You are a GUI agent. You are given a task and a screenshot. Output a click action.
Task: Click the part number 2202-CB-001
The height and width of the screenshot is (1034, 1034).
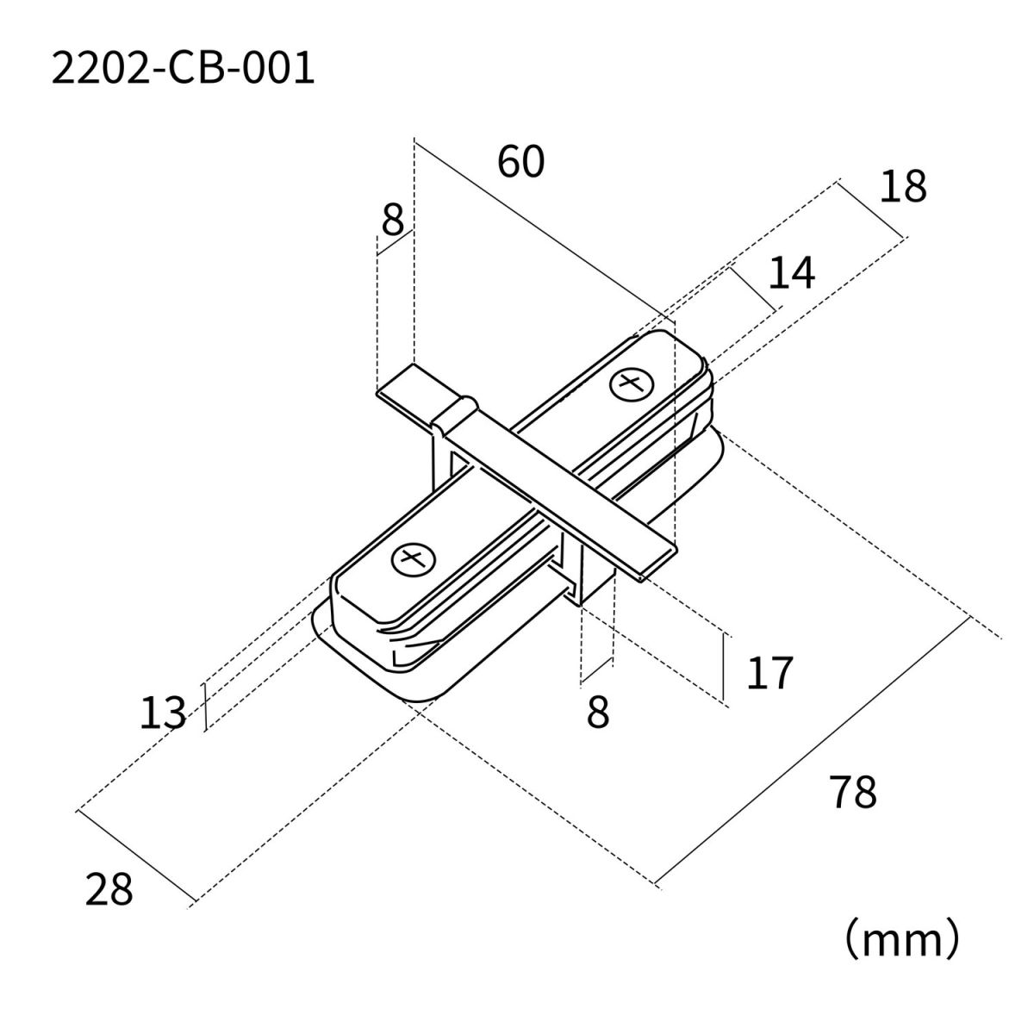(x=183, y=70)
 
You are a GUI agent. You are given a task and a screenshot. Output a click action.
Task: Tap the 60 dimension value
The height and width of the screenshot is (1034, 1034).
(x=520, y=162)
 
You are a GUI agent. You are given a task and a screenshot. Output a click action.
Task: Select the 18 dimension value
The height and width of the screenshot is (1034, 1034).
(x=902, y=187)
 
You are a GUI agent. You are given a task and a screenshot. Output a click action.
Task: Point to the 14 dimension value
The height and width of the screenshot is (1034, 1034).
(x=791, y=273)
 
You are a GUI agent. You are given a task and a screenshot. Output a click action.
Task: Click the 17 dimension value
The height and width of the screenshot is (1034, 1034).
(x=769, y=673)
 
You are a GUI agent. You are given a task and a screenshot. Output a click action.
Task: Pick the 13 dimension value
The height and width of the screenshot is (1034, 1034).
(x=163, y=713)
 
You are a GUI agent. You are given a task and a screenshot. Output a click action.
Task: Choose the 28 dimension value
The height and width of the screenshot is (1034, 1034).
(x=109, y=889)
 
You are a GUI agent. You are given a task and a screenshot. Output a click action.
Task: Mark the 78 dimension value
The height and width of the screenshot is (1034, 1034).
(x=853, y=793)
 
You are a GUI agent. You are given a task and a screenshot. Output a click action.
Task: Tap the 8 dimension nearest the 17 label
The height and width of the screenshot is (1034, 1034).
(x=598, y=713)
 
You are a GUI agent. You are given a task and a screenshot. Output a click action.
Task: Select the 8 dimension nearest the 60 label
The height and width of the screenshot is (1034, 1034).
(x=392, y=221)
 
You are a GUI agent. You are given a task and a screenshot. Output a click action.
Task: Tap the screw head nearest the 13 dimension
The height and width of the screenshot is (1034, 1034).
(x=412, y=560)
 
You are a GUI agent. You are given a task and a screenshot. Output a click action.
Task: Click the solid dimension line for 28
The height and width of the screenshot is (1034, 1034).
(x=136, y=856)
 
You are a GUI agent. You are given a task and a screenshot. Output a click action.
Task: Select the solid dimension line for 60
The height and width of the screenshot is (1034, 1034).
(x=534, y=228)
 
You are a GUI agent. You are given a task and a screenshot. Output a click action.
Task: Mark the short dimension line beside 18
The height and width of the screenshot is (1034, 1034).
(x=870, y=209)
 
